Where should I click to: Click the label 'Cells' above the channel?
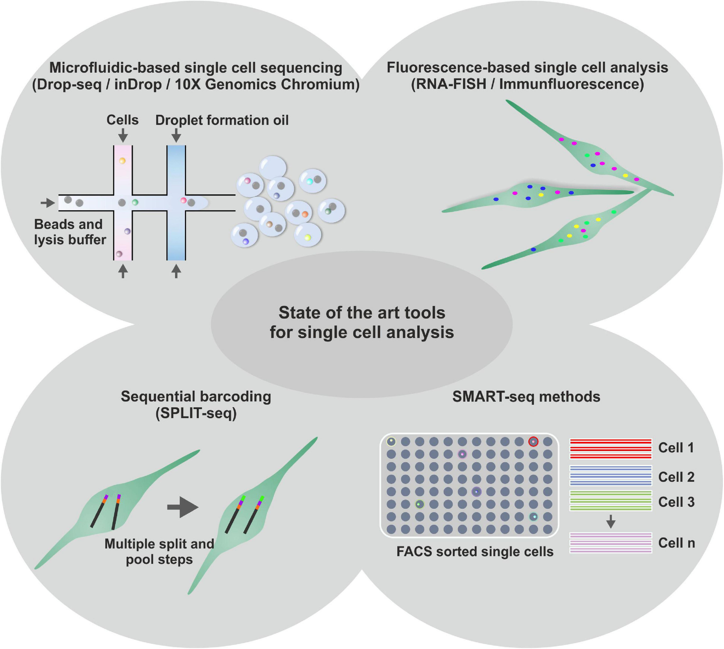(122, 120)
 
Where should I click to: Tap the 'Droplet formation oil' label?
(222, 121)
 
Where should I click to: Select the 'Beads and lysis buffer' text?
(70, 232)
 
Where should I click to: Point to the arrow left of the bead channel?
(47, 203)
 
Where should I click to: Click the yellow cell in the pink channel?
(122, 161)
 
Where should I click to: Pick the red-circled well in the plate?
(533, 442)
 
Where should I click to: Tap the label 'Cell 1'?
(676, 448)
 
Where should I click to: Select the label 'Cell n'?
(676, 543)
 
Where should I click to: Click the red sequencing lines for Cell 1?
(611, 449)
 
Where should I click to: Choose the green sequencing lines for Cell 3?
(611, 501)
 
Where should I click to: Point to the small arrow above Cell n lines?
(611, 521)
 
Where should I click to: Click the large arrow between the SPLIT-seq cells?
(182, 507)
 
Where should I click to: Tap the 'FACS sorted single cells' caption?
(475, 552)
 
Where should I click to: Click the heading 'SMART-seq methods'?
(526, 397)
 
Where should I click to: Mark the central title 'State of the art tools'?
(361, 313)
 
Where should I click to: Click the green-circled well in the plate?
(420, 504)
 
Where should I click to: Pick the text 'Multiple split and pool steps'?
(159, 551)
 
